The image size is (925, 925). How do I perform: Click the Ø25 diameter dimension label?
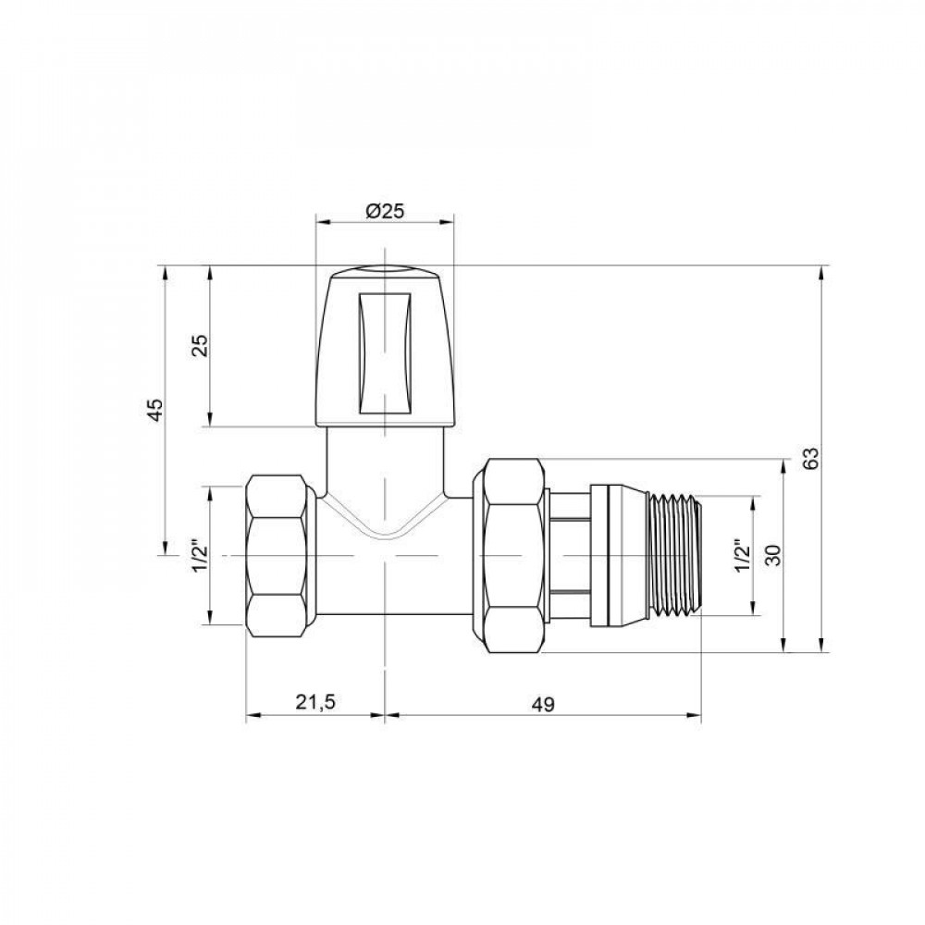click(385, 211)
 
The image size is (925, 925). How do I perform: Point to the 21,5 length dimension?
click(314, 704)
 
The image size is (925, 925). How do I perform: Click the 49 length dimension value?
click(542, 704)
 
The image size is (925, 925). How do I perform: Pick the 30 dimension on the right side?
click(774, 555)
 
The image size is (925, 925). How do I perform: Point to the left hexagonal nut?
click(282, 555)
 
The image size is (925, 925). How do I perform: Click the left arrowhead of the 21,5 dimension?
click(252, 715)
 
